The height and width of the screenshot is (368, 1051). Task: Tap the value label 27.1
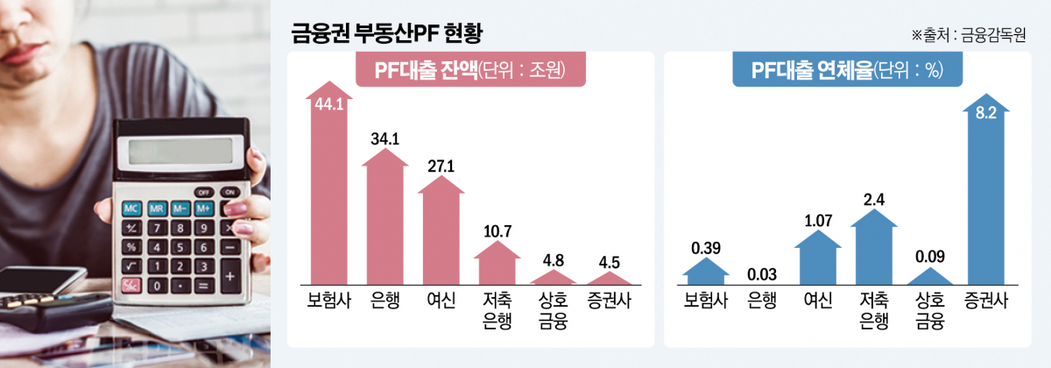tap(441, 165)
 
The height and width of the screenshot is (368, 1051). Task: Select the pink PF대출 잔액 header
tap(469, 72)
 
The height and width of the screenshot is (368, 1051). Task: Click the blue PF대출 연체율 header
tap(847, 72)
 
